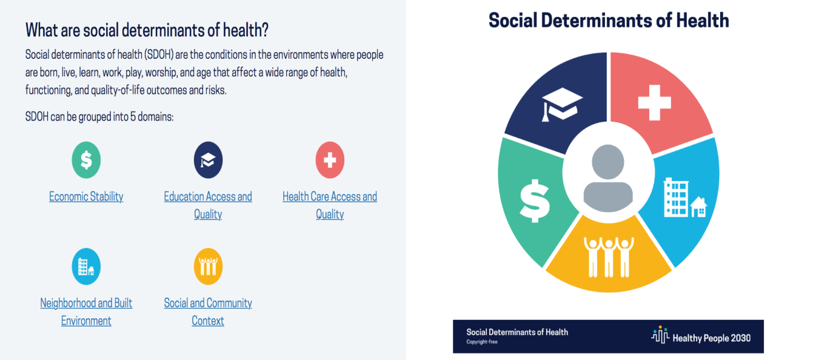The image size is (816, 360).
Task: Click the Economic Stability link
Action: [x=86, y=196]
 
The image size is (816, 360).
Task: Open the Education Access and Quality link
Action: [x=208, y=205]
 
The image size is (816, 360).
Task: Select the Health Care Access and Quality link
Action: [x=330, y=205]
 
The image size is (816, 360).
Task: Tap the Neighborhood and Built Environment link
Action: [x=86, y=312]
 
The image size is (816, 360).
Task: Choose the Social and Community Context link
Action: [x=208, y=312]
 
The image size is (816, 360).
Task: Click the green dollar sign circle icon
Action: [x=86, y=160]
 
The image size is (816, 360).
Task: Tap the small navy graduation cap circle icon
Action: [x=208, y=160]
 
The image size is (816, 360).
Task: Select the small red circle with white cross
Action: [x=330, y=160]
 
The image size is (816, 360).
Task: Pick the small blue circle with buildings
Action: [x=86, y=267]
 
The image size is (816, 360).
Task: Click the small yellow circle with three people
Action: [x=208, y=267]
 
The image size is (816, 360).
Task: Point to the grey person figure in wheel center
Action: [x=608, y=178]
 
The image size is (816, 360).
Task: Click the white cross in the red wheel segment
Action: [x=655, y=102]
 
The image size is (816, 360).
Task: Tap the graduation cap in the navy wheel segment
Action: [x=562, y=104]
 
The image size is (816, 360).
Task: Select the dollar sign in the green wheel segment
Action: [x=535, y=201]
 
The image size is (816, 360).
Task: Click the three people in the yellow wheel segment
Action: [x=609, y=257]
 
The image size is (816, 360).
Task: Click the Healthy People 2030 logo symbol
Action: [x=660, y=335]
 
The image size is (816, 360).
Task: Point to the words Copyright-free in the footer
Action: [x=482, y=342]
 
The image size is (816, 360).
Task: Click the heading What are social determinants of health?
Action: [x=147, y=30]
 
